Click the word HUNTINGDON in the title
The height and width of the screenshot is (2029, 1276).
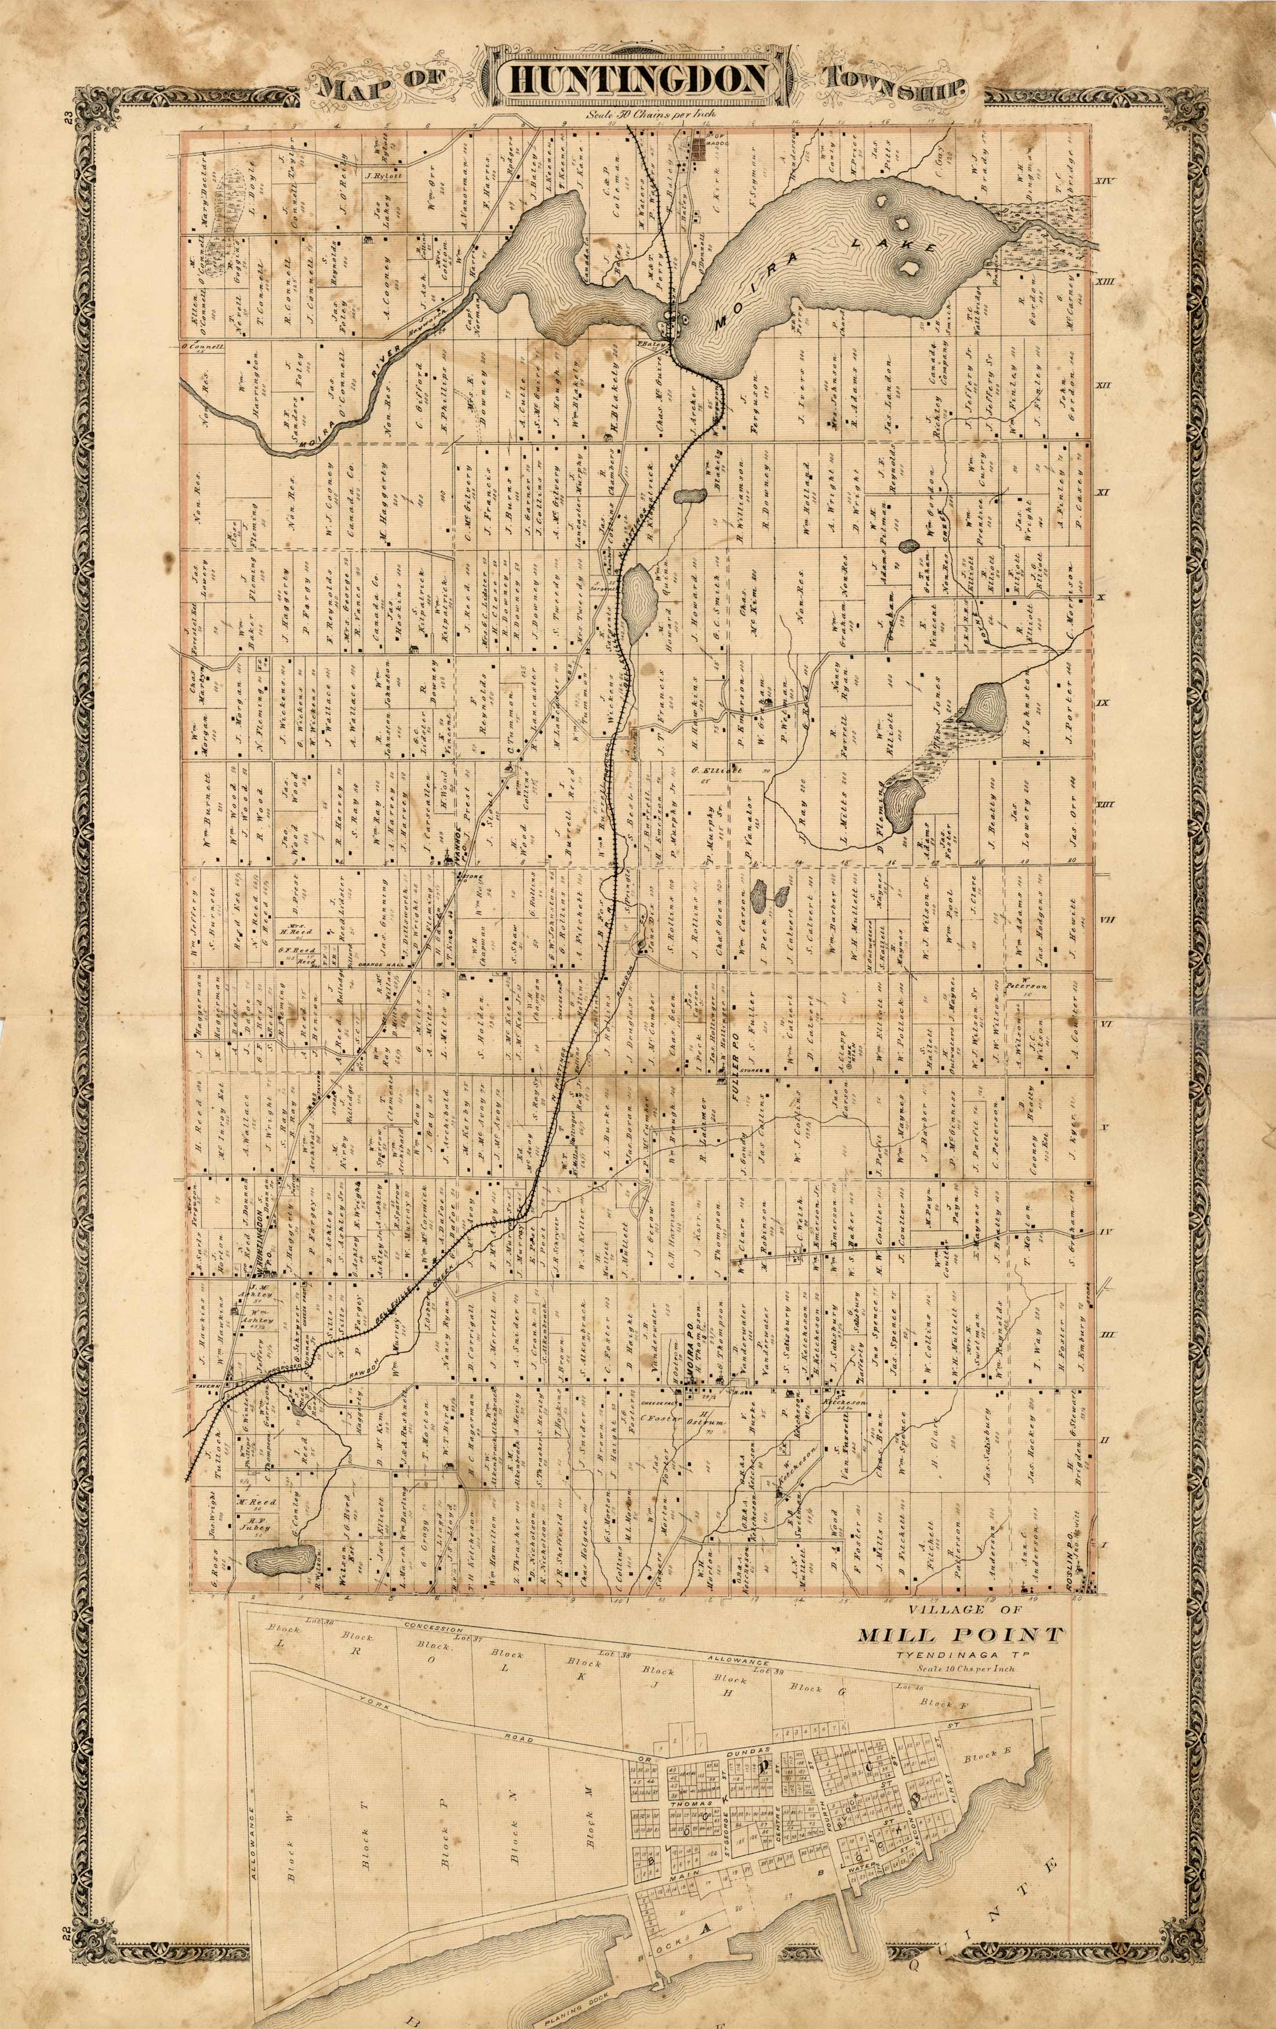tap(637, 81)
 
